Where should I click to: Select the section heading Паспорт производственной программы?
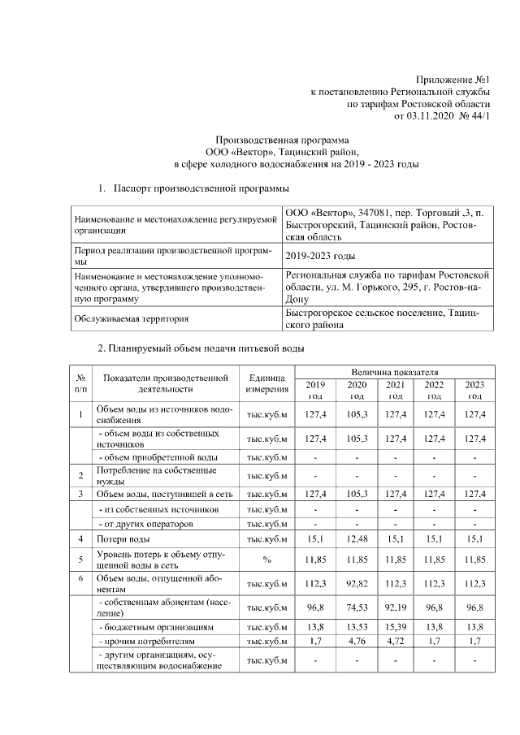pos(201,188)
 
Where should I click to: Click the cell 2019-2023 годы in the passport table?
pos(320,257)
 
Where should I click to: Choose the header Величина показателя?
pos(395,370)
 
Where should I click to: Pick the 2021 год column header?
pos(395,389)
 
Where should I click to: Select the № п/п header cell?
pos(80,383)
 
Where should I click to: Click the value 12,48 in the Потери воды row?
pos(357,538)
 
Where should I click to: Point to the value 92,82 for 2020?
pos(357,584)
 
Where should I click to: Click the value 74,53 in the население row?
pos(357,607)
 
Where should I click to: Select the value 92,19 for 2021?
pos(395,607)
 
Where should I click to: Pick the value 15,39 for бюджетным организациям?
pos(395,629)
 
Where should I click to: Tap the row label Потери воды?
pos(123,538)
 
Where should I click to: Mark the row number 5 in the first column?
pos(80,559)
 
